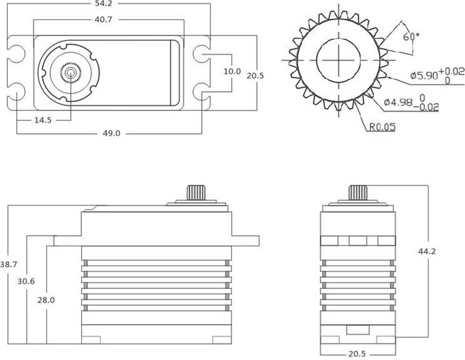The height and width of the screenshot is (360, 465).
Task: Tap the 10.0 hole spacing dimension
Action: (x=232, y=71)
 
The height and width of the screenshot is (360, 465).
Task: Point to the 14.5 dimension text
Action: (x=45, y=120)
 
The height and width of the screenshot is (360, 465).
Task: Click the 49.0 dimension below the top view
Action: (x=111, y=132)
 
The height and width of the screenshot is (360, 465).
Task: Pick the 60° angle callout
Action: (x=410, y=37)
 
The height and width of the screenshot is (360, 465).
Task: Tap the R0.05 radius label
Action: (x=382, y=127)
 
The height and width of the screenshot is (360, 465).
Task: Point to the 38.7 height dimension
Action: (x=8, y=265)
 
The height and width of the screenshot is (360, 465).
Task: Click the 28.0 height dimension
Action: (x=46, y=300)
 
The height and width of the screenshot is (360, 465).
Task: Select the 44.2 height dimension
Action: (x=427, y=251)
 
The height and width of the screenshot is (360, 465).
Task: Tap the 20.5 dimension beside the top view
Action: (x=255, y=76)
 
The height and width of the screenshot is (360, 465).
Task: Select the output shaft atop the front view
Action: (x=358, y=192)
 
